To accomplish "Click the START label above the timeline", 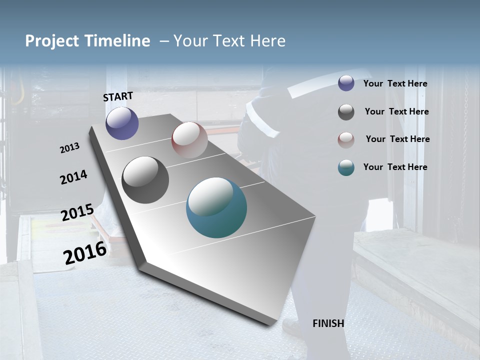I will (118, 96).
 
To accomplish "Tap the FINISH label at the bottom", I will (328, 323).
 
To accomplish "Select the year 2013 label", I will (69, 148).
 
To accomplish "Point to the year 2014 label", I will (73, 177).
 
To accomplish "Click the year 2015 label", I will (77, 212).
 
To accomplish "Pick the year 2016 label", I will (84, 252).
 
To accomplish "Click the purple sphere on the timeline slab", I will (122, 123).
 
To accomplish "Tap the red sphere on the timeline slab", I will (189, 140).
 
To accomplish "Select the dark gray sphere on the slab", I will (145, 180).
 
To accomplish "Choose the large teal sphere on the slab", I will (216, 207).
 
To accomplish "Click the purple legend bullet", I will (346, 83).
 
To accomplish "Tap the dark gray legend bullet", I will (346, 112).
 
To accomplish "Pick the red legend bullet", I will (346, 140).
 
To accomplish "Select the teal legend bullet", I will (346, 167).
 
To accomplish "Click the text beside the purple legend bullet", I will (395, 84).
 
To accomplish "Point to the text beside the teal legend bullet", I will (395, 167).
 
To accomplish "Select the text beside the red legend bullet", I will (397, 139).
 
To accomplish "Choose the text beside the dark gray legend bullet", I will (396, 111).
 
